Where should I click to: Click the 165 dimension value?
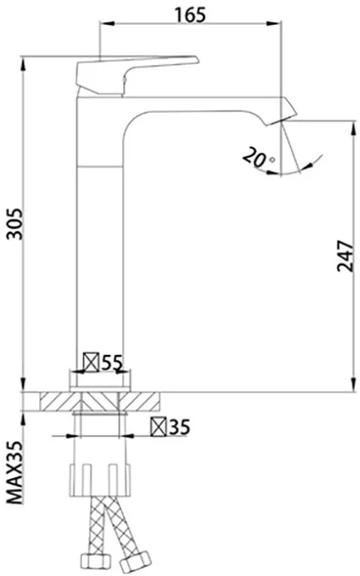pos(190,15)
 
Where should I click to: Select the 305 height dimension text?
pos(16,224)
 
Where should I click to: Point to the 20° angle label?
pos(259,157)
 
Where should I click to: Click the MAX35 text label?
pos(16,473)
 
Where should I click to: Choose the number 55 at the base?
pos(111,362)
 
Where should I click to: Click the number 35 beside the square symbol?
pos(180,427)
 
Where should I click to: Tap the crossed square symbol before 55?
pos(91,362)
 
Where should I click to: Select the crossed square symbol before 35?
pos(159,427)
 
